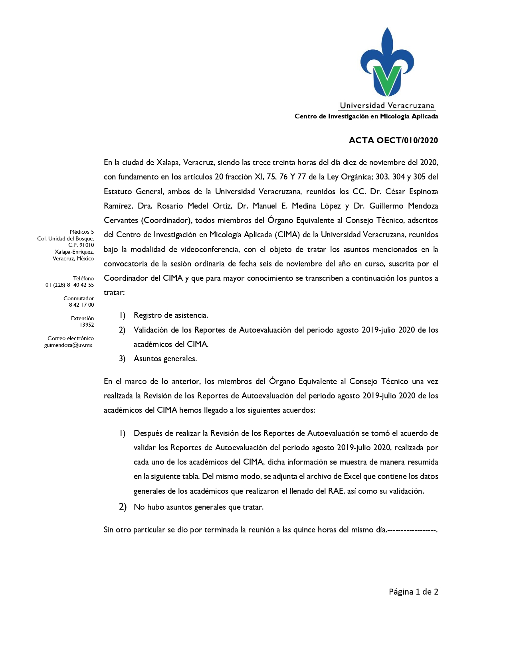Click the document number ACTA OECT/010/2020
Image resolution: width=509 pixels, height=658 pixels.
coord(393,140)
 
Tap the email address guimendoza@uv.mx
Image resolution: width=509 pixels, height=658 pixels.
coord(68,345)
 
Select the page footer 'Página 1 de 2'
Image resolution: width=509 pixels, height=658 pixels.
coord(413,592)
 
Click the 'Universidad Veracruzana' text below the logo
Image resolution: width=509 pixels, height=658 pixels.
coord(387,106)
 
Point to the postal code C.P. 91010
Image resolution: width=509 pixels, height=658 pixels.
coord(81,245)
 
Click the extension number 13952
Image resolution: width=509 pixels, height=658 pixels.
coord(87,325)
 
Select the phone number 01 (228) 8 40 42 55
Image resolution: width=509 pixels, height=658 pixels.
coord(69,285)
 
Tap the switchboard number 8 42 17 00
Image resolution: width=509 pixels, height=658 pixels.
coord(81,305)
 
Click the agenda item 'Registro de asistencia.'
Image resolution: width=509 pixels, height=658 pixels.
coord(171,315)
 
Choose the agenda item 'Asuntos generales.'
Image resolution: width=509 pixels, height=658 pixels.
coord(165,359)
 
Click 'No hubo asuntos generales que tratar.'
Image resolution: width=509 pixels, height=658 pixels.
coord(199,507)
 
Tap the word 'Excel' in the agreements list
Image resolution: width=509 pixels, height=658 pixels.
coord(353,477)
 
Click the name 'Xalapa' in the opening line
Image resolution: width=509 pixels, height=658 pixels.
coord(168,163)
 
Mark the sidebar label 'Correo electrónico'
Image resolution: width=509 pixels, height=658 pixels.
coord(71,338)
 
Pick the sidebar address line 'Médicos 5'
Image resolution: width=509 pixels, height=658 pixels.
coord(82,232)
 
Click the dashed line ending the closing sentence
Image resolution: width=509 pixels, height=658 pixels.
coord(412,530)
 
